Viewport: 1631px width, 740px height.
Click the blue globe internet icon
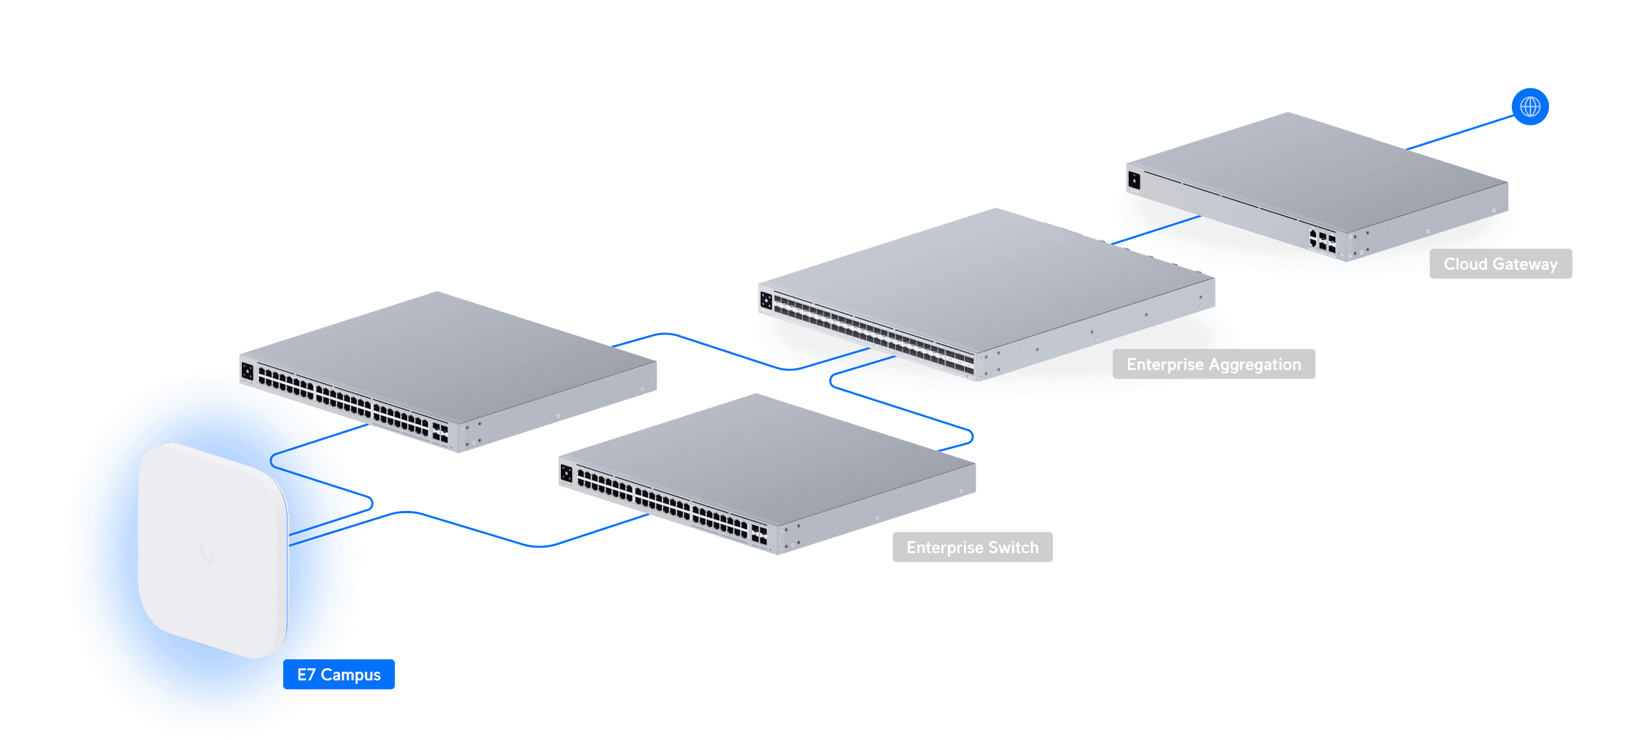[x=1530, y=107]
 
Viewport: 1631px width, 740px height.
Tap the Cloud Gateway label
[x=1501, y=264]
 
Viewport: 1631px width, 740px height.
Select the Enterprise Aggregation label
[x=1213, y=364]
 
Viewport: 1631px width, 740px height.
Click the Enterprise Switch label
[x=972, y=548]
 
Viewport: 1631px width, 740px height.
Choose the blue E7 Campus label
[x=339, y=674]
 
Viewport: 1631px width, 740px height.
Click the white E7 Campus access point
[x=212, y=550]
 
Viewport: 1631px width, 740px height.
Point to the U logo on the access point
[x=207, y=552]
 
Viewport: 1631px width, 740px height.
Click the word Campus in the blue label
[x=351, y=675]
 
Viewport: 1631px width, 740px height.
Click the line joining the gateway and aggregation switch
[x=1156, y=230]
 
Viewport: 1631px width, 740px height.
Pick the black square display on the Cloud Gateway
[x=1134, y=181]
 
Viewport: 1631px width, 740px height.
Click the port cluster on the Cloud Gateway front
[x=1322, y=241]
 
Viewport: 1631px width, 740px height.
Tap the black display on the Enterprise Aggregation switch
[x=766, y=300]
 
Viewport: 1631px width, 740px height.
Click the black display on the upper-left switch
[x=247, y=372]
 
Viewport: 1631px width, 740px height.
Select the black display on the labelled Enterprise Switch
[x=566, y=473]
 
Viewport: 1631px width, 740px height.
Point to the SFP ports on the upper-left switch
[x=440, y=432]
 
